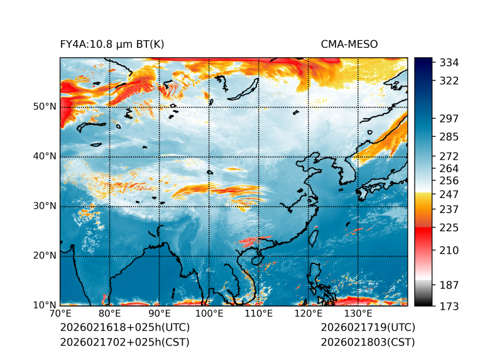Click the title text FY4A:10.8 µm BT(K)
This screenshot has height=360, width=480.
tap(112, 44)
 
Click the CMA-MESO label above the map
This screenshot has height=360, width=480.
tap(349, 44)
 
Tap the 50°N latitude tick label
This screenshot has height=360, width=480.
tap(45, 107)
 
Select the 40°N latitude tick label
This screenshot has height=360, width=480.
tap(45, 156)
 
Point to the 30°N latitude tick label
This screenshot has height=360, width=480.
tap(45, 206)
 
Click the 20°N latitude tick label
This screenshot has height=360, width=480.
tap(45, 256)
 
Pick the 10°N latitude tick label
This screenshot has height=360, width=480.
tap(45, 305)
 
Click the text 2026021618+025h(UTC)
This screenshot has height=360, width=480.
tap(124, 328)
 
